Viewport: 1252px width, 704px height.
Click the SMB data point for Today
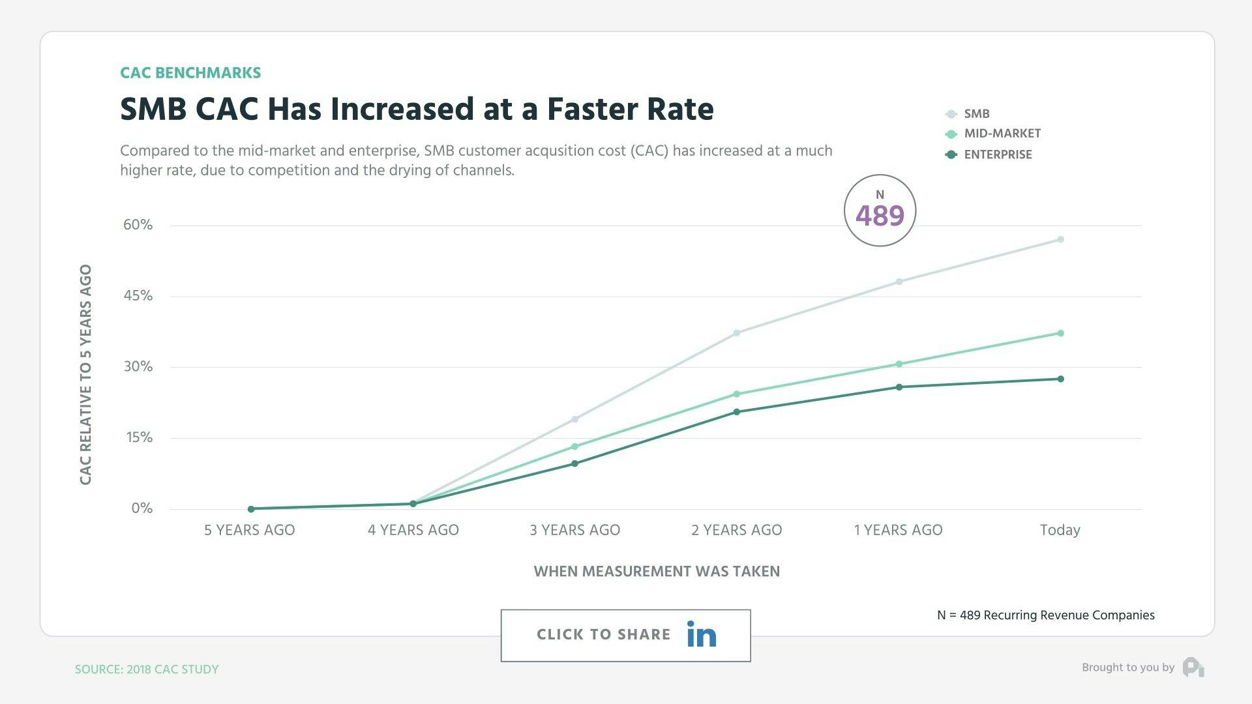pos(1060,239)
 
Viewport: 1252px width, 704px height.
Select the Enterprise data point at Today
pos(1060,379)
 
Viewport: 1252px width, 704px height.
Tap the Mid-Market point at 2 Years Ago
pos(737,394)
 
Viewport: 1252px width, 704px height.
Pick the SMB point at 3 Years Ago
pos(574,419)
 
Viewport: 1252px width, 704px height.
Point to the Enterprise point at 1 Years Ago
pos(899,387)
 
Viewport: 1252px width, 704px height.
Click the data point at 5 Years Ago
pos(251,508)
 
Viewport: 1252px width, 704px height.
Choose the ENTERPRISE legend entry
pos(997,154)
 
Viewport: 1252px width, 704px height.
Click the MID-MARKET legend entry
pos(1002,134)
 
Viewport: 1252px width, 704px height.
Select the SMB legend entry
pos(976,113)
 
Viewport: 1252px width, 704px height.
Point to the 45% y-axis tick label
pos(138,296)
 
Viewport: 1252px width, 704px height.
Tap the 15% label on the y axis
pos(139,437)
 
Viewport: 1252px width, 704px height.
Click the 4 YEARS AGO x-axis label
pos(413,530)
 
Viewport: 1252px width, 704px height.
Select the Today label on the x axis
pos(1060,530)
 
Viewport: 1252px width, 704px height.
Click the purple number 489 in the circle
pos(880,216)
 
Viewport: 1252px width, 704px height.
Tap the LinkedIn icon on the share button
pos(701,634)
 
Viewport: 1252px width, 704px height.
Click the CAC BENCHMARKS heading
pos(190,73)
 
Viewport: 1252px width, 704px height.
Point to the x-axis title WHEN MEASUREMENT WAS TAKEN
pos(657,572)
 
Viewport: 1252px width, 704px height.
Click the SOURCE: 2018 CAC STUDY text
pos(147,669)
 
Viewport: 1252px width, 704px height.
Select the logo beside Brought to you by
pos(1193,667)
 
